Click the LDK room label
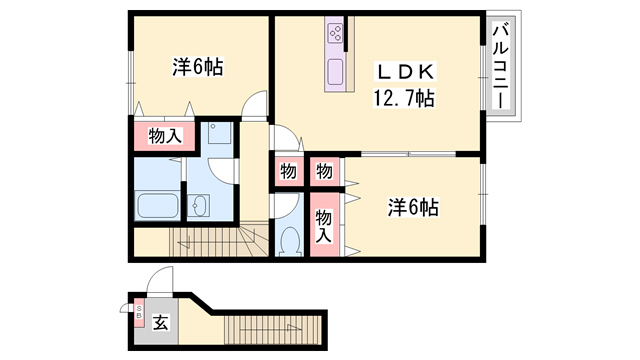coord(405,72)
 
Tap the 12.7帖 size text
coord(404,98)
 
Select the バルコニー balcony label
coord(501,67)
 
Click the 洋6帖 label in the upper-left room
coord(198,67)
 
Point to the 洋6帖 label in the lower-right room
coord(413,207)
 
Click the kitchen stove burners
coord(336,33)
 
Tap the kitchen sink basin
coord(336,72)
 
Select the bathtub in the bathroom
coord(158,206)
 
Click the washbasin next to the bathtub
coord(198,205)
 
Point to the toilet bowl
coord(291,241)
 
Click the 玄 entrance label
coord(161,324)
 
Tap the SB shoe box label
coord(139,312)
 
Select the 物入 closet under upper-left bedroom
coord(164,136)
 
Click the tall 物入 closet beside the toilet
coord(324,225)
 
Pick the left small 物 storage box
coord(288,171)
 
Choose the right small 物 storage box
coord(324,171)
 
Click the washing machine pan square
coord(220,132)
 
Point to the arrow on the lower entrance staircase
coord(270,328)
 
